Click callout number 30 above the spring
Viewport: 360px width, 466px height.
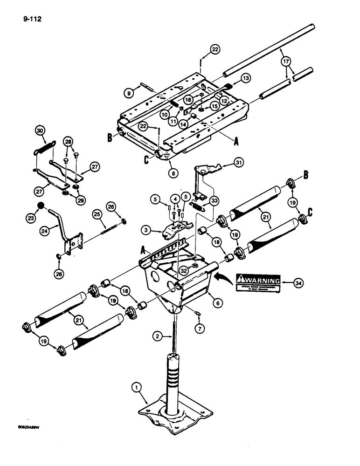[x=39, y=132]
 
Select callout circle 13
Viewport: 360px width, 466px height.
[x=245, y=77]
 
